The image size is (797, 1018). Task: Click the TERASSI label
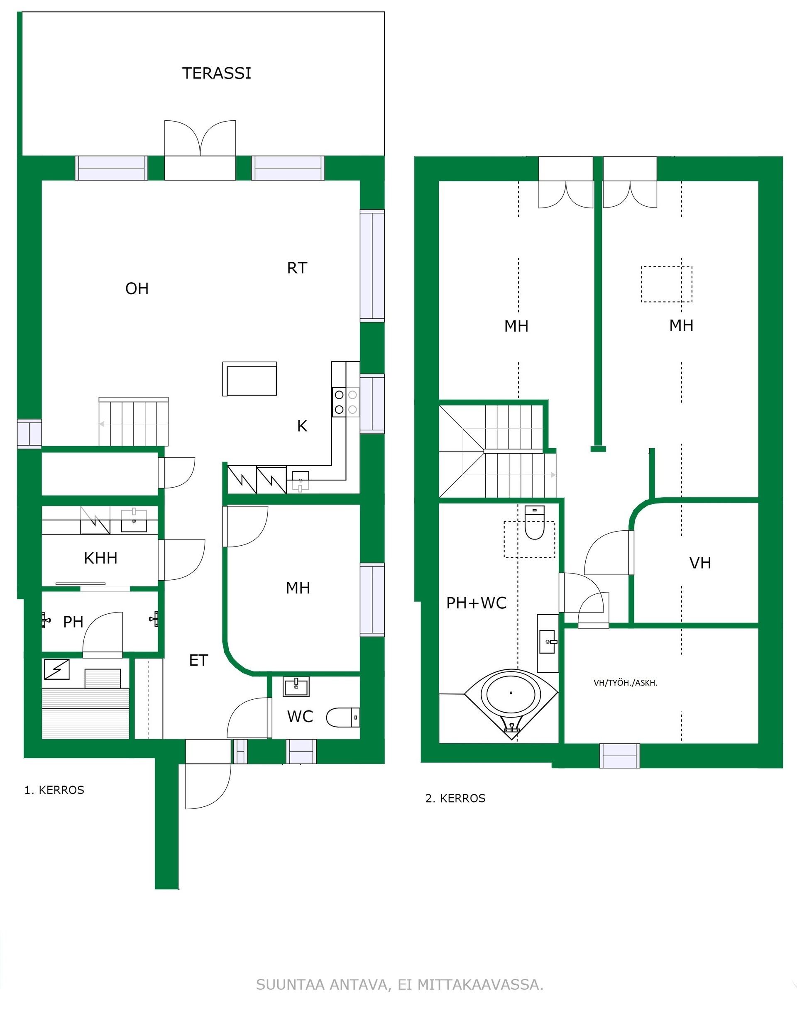coord(217,73)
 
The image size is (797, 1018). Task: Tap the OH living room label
coord(137,288)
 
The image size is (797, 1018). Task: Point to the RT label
coord(297,268)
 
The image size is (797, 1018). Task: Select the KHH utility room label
coord(100,558)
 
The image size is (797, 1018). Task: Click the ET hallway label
coord(198,660)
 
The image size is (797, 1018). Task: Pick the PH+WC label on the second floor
coord(476,603)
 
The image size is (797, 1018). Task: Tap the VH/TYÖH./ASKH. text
coord(625,683)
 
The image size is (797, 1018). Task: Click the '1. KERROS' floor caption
coord(54,790)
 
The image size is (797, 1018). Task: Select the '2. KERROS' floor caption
coord(455,798)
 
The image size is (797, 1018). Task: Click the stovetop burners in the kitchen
coord(346,402)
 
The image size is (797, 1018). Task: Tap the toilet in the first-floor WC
coord(343,718)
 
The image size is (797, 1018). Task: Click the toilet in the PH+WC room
coord(535,522)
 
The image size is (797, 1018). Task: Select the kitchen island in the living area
coord(249,379)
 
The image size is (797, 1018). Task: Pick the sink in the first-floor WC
coord(296,686)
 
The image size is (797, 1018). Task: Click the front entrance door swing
coord(208,786)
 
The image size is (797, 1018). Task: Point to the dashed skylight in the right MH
coord(666,284)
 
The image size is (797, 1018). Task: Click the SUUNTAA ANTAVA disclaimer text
coord(399,985)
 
